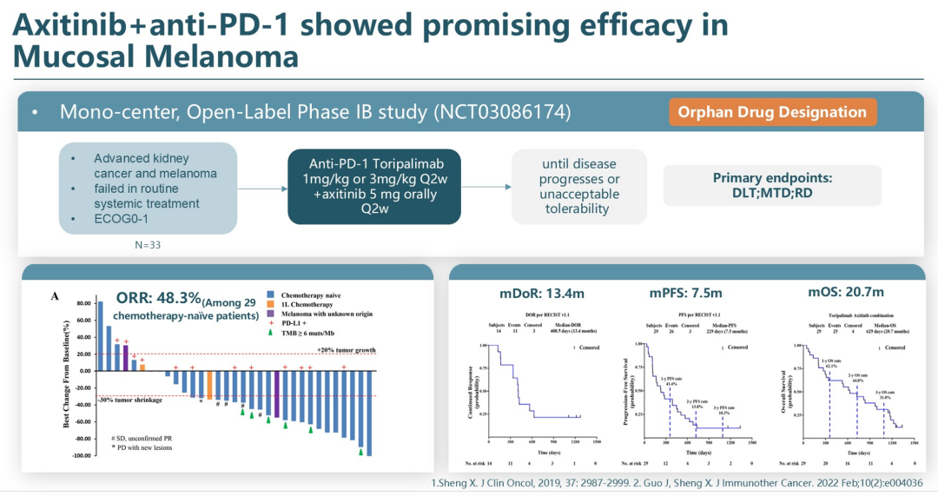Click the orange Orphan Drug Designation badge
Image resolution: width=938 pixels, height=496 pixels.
(772, 112)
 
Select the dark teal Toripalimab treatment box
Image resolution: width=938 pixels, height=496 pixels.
(374, 186)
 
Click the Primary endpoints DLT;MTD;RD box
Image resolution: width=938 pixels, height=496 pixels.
(772, 186)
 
